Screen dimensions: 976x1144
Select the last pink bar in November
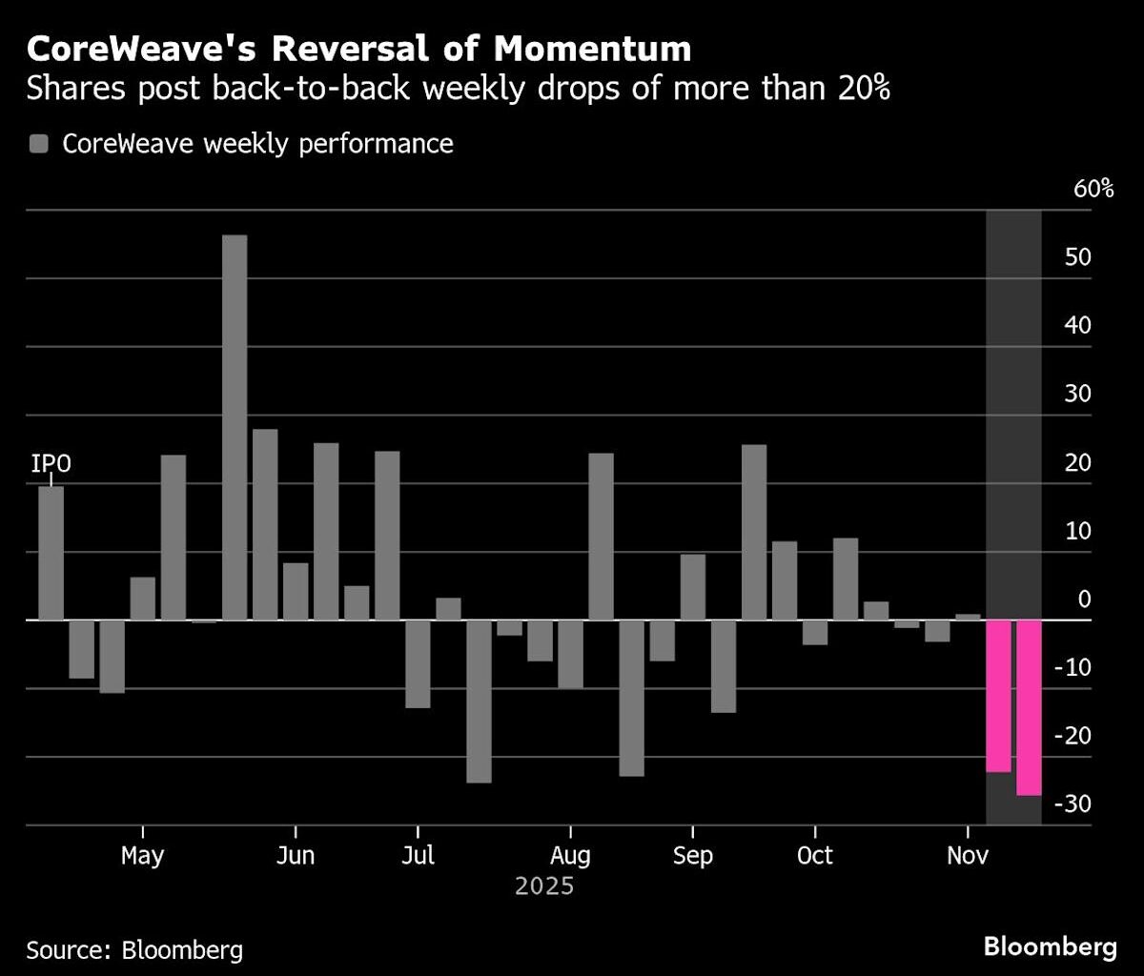click(1029, 707)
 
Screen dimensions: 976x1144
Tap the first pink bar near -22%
click(998, 696)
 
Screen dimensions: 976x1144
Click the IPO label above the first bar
click(51, 464)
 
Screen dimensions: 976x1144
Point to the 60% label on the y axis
click(1093, 189)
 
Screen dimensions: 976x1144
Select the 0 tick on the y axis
click(1084, 600)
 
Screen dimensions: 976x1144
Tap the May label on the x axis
click(142, 856)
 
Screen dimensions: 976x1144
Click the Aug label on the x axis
click(570, 856)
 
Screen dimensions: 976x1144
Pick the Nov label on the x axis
click(968, 856)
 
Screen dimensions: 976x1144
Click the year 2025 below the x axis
click(544, 887)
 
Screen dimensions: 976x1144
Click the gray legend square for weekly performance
click(39, 145)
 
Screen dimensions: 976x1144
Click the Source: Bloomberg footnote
click(134, 949)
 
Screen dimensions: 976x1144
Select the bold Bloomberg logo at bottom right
click(1050, 947)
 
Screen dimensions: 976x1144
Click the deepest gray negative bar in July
click(479, 701)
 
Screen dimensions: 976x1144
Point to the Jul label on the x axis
click(418, 856)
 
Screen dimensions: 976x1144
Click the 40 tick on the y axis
click(1078, 326)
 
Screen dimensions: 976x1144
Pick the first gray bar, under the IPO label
click(51, 553)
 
